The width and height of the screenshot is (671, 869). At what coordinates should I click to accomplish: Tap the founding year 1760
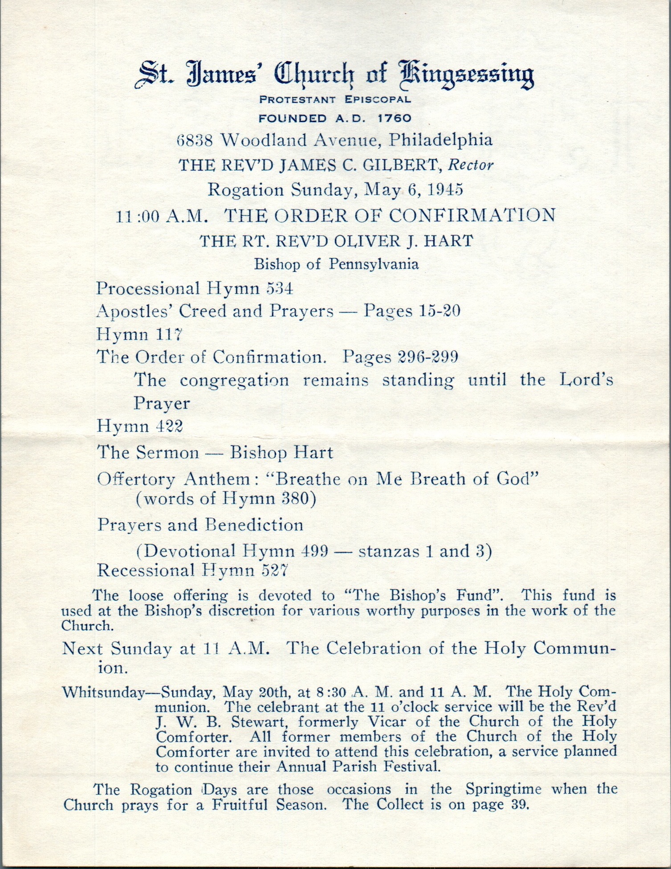pos(394,119)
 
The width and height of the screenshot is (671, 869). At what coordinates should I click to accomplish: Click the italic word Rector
pos(471,166)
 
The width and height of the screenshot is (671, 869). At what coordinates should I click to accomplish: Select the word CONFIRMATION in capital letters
pos(472,215)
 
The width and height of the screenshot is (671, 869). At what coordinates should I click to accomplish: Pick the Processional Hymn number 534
pos(279,289)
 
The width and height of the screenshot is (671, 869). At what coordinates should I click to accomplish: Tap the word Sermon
pos(168,453)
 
